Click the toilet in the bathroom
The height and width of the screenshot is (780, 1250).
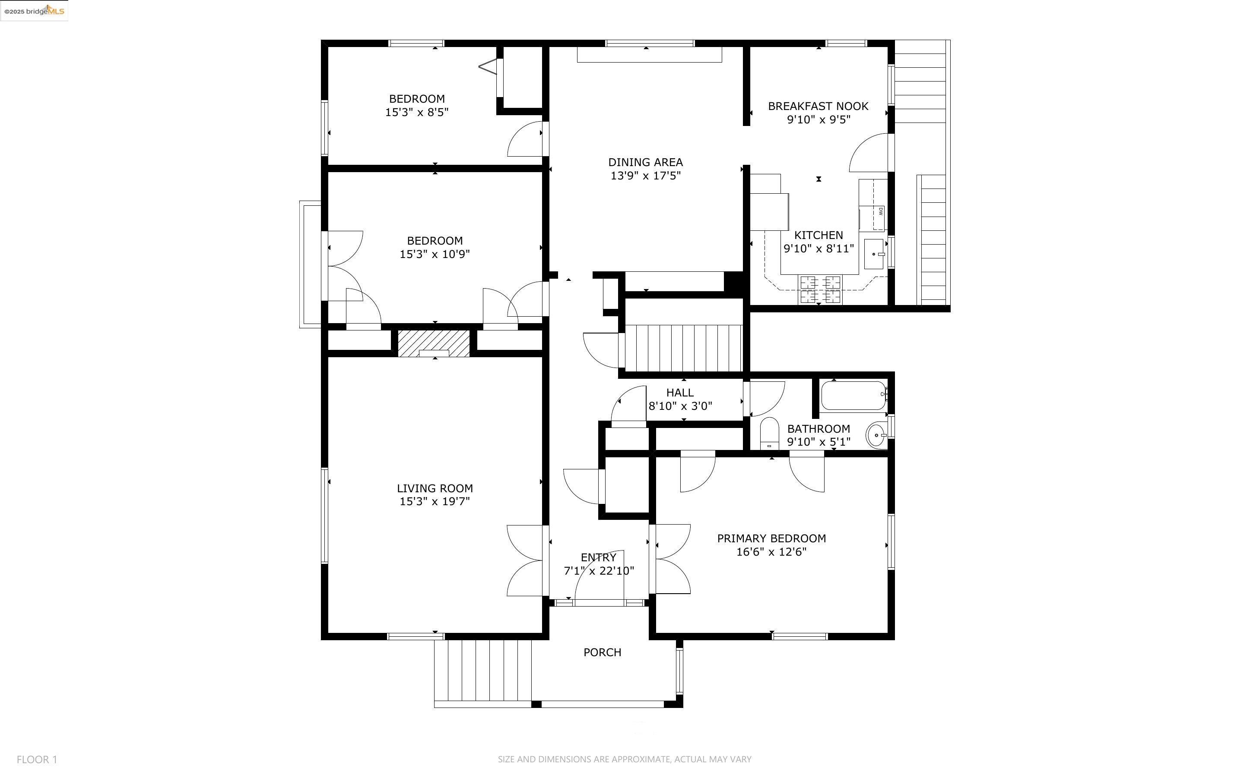pos(769,433)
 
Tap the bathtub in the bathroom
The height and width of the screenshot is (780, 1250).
pos(853,395)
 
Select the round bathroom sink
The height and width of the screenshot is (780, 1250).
pos(876,435)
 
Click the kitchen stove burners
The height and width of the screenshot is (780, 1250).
pos(820,289)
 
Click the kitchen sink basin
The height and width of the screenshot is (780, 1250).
pos(874,254)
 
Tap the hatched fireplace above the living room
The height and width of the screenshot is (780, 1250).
pos(434,343)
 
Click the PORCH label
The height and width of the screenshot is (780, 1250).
pos(602,652)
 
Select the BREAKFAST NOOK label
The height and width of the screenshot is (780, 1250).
pos(818,106)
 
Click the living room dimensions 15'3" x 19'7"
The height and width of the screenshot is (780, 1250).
pos(435,501)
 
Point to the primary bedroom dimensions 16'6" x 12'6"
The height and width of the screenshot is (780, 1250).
pos(771,551)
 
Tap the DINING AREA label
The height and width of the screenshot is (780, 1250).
pos(645,162)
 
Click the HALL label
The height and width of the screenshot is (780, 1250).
pos(680,393)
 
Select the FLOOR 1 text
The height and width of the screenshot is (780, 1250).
pos(37,759)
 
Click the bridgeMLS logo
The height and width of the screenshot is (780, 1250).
pos(34,11)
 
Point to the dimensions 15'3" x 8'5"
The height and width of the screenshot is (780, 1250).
pos(417,112)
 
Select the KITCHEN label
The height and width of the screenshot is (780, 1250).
pos(819,235)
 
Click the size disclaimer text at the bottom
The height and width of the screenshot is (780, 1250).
pos(624,759)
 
